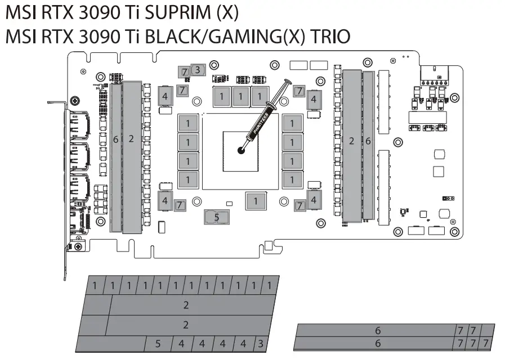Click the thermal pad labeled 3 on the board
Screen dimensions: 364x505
pos(197,70)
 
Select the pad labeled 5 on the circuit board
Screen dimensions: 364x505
pos(216,217)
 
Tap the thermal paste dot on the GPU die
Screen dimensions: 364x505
pos(241,150)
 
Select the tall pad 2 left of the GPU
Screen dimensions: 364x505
pos(131,157)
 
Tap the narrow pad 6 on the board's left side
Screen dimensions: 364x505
pos(115,157)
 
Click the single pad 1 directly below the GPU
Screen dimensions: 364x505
pos(256,200)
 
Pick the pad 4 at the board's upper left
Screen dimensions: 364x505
pos(165,96)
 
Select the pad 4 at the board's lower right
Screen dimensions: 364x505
pos(314,200)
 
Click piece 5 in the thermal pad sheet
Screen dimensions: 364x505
pos(158,343)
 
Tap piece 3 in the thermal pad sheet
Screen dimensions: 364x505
pos(260,343)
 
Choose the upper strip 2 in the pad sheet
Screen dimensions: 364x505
pos(186,305)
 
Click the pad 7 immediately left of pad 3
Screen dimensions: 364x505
pos(184,71)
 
